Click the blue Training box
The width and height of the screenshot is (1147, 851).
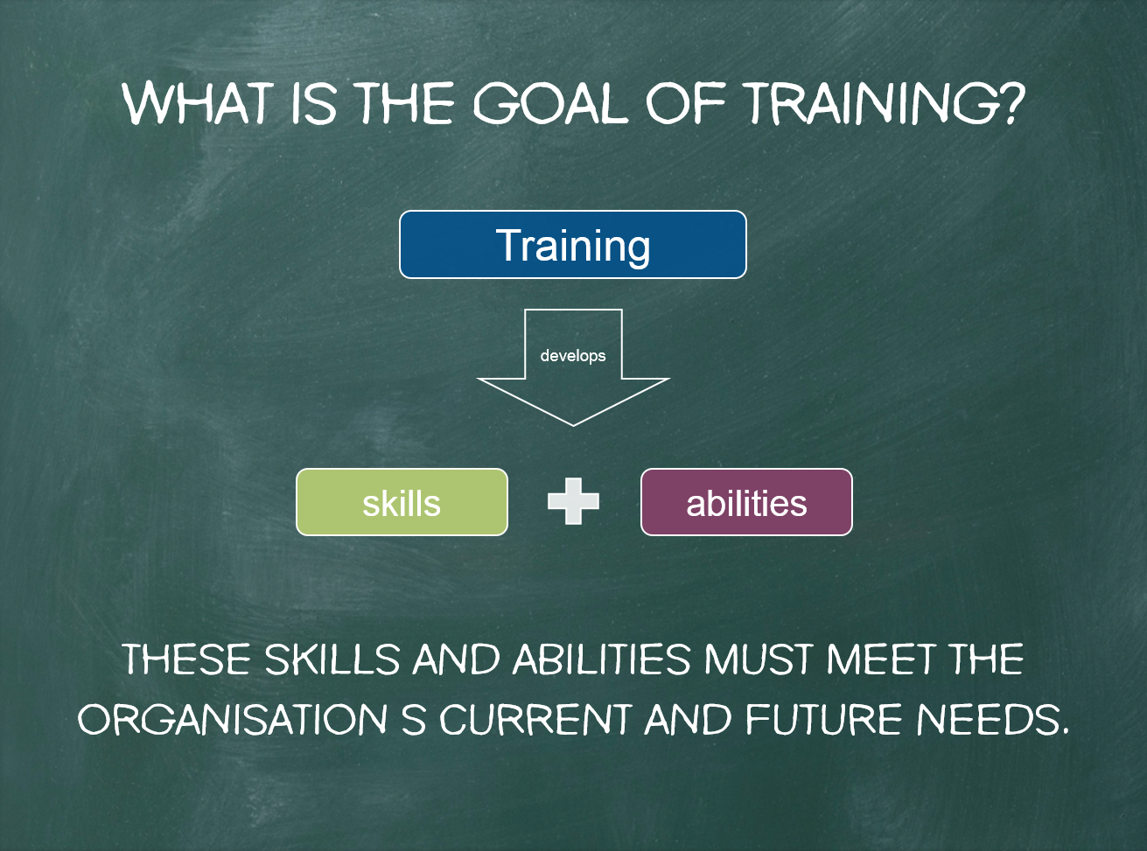[x=573, y=245]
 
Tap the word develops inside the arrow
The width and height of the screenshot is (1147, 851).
[x=573, y=356]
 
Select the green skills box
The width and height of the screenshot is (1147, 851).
[x=402, y=502]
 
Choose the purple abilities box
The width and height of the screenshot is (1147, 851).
[x=746, y=502]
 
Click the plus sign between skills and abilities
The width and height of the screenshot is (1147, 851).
[x=574, y=501]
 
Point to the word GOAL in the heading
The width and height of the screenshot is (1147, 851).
[x=550, y=103]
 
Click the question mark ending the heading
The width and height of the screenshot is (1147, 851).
[x=1011, y=103]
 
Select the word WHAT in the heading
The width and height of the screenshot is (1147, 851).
[x=198, y=103]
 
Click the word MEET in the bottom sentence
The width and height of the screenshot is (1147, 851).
[x=881, y=659]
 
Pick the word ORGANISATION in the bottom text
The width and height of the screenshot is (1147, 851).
[x=232, y=719]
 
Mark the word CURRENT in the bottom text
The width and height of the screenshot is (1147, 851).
[x=535, y=719]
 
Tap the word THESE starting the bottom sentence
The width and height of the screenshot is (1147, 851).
[x=186, y=659]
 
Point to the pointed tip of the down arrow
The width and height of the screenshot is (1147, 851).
[x=573, y=425]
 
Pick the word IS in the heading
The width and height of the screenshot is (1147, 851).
[x=314, y=103]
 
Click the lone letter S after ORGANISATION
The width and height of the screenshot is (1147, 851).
[x=413, y=719]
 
